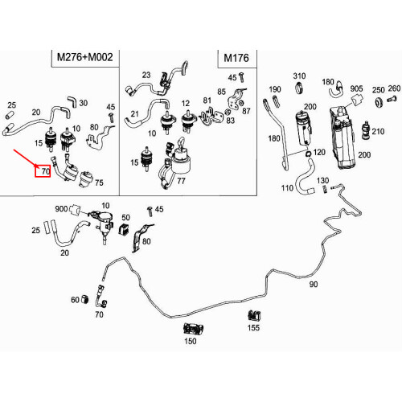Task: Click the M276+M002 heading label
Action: click(85, 57)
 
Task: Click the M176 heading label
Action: click(236, 58)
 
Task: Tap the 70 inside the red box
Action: click(46, 171)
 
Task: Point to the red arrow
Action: click(26, 159)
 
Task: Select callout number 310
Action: click(299, 76)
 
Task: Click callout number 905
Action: click(356, 88)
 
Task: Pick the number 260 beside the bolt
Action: click(394, 88)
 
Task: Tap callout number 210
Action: click(378, 131)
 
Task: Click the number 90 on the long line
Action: click(314, 284)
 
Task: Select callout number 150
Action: click(191, 341)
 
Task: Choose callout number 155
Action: click(253, 327)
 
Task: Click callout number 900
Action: click(61, 209)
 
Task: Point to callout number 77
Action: click(181, 181)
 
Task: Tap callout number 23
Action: click(146, 75)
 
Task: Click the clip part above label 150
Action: click(194, 329)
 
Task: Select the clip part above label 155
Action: click(254, 316)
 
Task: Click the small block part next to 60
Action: click(84, 298)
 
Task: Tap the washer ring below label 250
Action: click(379, 102)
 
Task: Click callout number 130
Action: click(322, 180)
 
